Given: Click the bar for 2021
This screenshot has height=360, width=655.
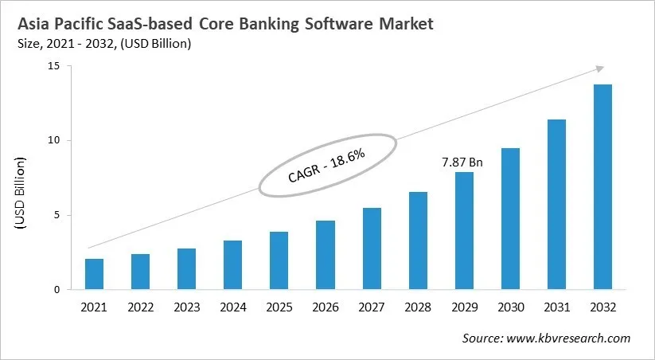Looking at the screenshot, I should tap(94, 274).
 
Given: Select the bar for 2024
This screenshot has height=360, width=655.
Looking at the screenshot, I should tap(232, 265).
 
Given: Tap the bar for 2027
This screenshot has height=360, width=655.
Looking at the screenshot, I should tap(372, 248).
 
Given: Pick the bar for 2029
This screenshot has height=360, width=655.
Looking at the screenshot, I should tap(464, 231).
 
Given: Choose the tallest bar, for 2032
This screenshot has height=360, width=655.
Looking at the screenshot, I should tap(602, 187).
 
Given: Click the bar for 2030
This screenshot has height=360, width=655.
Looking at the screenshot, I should tap(510, 219).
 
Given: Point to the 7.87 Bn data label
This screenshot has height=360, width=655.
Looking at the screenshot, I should tap(463, 162).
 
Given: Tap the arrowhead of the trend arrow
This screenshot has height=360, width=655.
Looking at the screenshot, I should tap(599, 68).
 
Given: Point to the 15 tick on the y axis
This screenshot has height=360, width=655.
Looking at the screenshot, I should tap(54, 66).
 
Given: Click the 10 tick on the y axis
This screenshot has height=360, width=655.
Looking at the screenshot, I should tap(54, 141).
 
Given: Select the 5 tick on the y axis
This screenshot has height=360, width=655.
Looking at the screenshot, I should tap(57, 215).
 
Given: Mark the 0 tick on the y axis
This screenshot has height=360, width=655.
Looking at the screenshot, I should tap(57, 290).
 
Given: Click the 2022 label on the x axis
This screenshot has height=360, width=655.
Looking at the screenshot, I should tap(140, 307).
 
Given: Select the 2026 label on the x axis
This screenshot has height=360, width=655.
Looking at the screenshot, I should tap(325, 307).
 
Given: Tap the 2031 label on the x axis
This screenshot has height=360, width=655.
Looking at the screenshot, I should tap(556, 307).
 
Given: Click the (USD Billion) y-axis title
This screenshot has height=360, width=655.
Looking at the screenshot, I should tap(21, 196).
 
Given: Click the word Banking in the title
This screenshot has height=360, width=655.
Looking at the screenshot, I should tap(265, 24).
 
